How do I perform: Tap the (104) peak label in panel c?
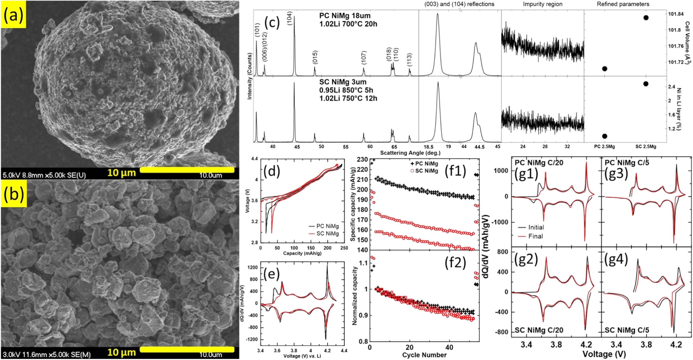click(290, 18)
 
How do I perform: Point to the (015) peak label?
click(315, 57)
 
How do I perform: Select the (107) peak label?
click(364, 58)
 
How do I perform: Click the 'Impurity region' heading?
click(542, 4)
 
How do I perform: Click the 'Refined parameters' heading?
click(623, 4)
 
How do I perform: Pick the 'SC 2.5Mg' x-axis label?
click(645, 147)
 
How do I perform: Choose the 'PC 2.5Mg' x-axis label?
click(604, 147)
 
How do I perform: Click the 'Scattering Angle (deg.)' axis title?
click(410, 153)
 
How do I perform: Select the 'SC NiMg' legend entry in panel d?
click(327, 233)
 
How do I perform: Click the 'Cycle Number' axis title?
click(424, 355)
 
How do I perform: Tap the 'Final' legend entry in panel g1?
click(535, 236)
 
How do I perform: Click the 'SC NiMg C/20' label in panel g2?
click(539, 330)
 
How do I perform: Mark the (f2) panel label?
click(455, 263)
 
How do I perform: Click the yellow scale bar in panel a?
click(187, 170)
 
